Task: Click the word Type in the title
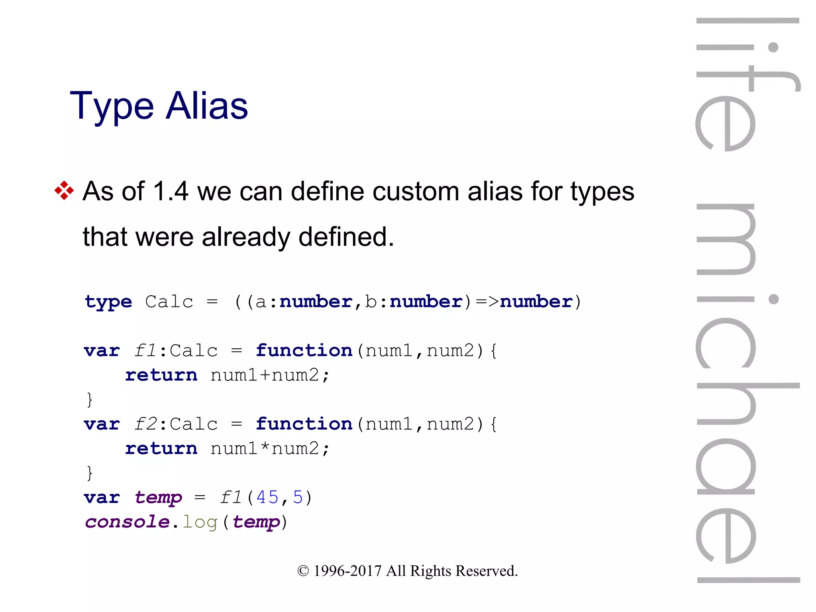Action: pyautogui.click(x=112, y=107)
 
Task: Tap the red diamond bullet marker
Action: pyautogui.click(x=64, y=190)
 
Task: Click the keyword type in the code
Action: pyautogui.click(x=108, y=302)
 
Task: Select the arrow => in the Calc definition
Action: pyautogui.click(x=487, y=302)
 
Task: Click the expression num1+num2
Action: pyautogui.click(x=265, y=375)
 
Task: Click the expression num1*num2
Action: pyautogui.click(x=265, y=449)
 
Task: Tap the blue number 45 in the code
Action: pyautogui.click(x=267, y=497)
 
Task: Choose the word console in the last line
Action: pyautogui.click(x=127, y=522)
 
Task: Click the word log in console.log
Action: pyautogui.click(x=200, y=522)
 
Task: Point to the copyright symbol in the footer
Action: pyautogui.click(x=303, y=571)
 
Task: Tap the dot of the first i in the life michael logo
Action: pyautogui.click(x=773, y=47)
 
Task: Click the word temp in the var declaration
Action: pyautogui.click(x=158, y=498)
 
